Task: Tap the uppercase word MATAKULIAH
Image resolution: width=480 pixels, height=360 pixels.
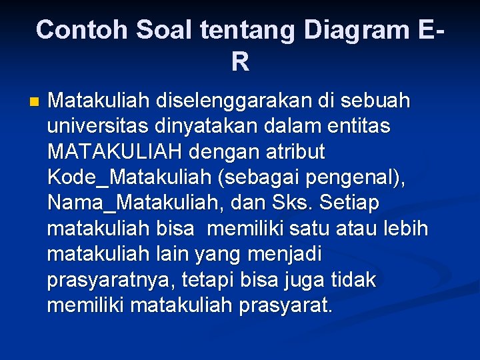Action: [x=114, y=153]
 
